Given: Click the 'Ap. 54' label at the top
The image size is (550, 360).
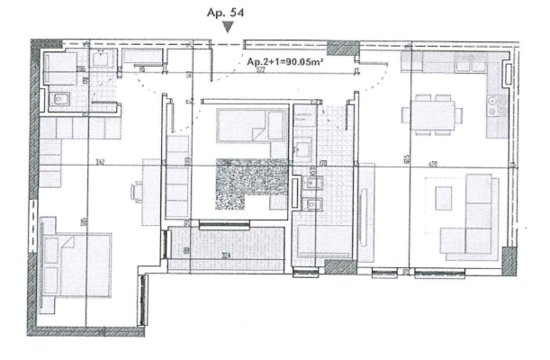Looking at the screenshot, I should (x=230, y=13).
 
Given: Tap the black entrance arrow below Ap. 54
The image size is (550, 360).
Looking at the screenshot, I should (x=230, y=29).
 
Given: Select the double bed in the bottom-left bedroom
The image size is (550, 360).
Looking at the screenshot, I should (x=76, y=262).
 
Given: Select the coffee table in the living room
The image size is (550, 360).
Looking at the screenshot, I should (x=444, y=197).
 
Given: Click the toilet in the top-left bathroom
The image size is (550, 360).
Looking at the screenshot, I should (x=59, y=100).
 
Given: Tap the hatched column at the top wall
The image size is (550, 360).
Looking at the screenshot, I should (x=342, y=48).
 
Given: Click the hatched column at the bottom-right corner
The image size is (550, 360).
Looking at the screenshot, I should (x=509, y=261).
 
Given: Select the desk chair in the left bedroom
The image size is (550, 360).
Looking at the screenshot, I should (x=137, y=191).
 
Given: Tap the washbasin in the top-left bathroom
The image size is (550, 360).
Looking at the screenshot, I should (x=102, y=60).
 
